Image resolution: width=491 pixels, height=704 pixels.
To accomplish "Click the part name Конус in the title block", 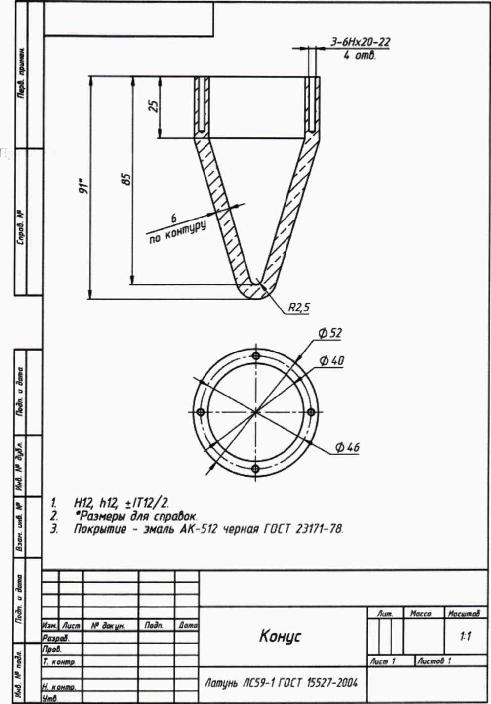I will click(280, 636).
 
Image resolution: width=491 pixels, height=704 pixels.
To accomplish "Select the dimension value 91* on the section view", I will click(85, 186).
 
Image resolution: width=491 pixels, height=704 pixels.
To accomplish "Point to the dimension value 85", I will click(127, 179).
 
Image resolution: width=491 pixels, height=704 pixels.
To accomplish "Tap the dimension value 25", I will click(154, 106).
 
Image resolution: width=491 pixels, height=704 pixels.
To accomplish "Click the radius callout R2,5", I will click(299, 308).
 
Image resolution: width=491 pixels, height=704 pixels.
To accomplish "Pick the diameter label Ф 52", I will click(330, 333).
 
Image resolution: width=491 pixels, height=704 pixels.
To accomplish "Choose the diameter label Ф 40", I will click(331, 360).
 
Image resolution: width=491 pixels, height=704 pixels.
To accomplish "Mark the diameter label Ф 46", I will click(347, 447).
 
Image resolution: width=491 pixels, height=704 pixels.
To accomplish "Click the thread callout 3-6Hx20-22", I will click(360, 42).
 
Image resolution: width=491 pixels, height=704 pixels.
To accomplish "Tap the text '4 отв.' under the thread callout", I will click(360, 55).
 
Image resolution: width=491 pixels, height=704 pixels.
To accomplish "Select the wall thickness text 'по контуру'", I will click(177, 232).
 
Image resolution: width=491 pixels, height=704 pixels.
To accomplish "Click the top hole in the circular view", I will click(255, 356).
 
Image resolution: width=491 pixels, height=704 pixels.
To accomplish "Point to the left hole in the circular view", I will click(200, 412).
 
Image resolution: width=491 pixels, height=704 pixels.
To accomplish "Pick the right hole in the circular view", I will click(311, 412).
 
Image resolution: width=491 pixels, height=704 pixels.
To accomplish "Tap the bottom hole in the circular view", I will click(255, 468).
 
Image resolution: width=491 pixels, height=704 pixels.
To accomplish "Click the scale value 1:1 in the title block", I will click(465, 636).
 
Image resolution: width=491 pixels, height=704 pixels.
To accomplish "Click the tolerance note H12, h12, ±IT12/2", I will click(122, 503).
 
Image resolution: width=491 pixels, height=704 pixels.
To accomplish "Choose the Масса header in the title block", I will click(420, 614).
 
